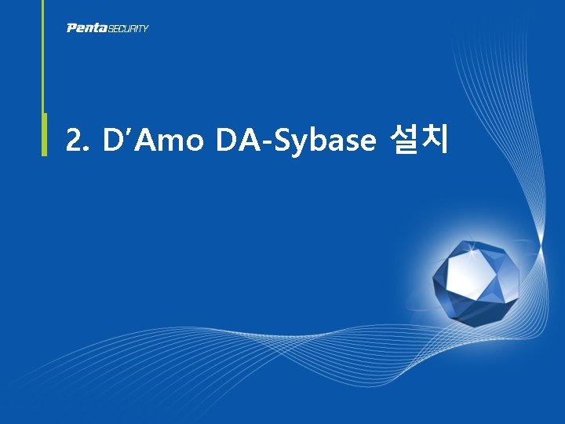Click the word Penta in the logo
point(86,28)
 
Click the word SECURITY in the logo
point(128,28)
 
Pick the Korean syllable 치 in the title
point(434,139)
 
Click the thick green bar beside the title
point(44,134)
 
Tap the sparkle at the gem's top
point(472,249)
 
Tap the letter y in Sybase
point(300,144)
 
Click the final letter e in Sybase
point(368,142)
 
